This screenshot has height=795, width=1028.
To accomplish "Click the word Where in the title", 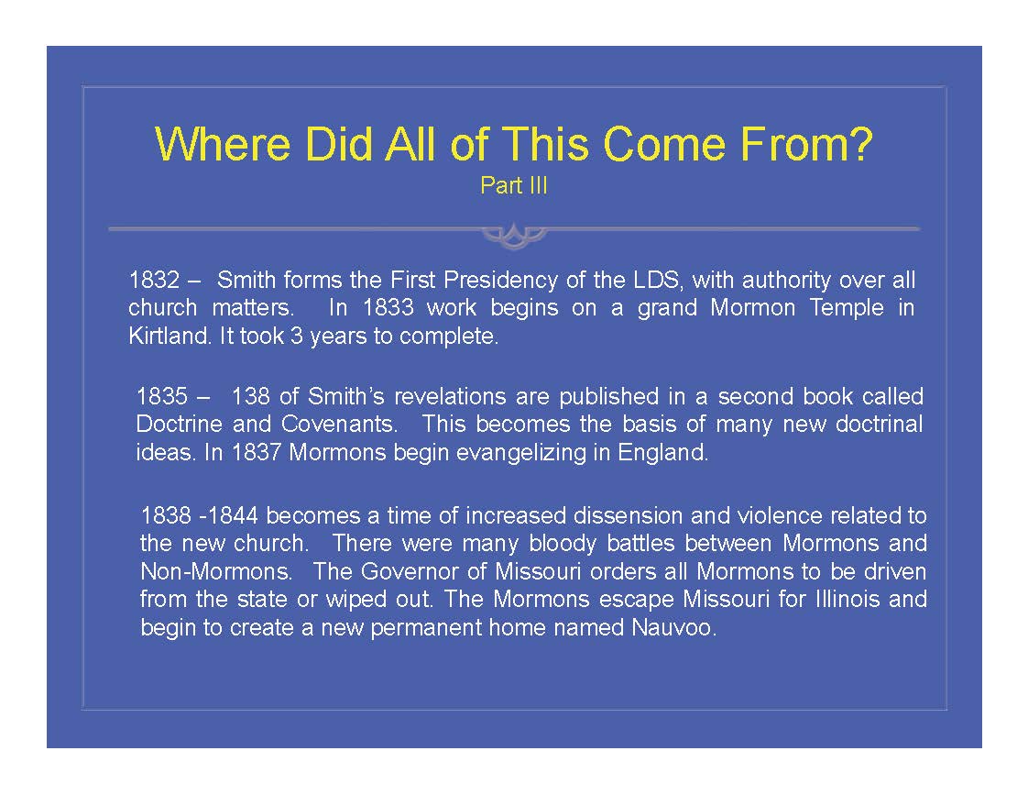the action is tap(223, 144).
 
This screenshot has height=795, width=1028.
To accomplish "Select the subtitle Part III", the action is tap(513, 185).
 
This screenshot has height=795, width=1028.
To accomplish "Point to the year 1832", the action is tap(154, 280).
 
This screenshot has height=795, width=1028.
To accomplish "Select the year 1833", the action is tap(388, 307).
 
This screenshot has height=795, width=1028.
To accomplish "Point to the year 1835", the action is tap(162, 396).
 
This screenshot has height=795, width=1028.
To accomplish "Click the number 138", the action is tap(250, 396).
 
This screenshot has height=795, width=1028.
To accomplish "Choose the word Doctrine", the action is tap(179, 424).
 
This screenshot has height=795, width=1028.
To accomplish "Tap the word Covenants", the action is tap(340, 424).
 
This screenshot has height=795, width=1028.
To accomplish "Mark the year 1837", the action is tap(257, 453).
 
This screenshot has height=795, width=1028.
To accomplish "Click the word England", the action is tap(662, 453).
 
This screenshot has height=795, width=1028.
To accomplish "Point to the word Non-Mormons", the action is tap(216, 571).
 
